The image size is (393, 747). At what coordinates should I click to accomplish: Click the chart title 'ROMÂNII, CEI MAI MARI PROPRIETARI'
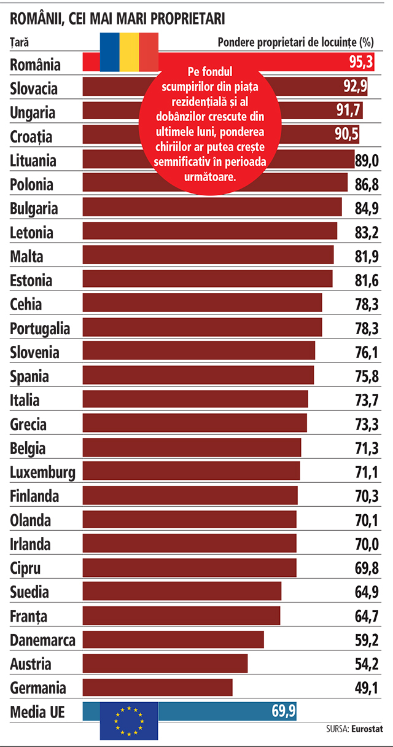pyautogui.click(x=117, y=18)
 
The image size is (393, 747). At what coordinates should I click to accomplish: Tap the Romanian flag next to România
pyautogui.click(x=129, y=52)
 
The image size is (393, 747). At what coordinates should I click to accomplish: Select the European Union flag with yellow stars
pyautogui.click(x=129, y=721)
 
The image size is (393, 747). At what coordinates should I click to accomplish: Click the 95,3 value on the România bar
pyautogui.click(x=361, y=61)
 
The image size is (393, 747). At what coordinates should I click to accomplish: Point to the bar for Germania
pyautogui.click(x=157, y=687)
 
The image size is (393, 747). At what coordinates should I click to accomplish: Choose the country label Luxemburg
pyautogui.click(x=42, y=472)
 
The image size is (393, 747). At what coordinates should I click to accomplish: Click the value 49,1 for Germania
pyautogui.click(x=367, y=687)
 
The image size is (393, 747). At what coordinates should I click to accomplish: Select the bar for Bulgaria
pyautogui.click(x=212, y=207)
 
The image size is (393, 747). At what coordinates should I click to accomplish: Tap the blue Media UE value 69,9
pyautogui.click(x=284, y=711)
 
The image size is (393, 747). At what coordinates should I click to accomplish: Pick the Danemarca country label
pyautogui.click(x=42, y=640)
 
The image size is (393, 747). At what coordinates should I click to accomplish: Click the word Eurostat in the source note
pyautogui.click(x=367, y=729)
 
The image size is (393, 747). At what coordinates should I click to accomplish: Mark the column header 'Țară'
pyautogui.click(x=19, y=43)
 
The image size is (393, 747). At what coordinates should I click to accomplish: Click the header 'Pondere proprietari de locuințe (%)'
pyautogui.click(x=295, y=42)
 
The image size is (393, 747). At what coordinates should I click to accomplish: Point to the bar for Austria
pyautogui.click(x=165, y=663)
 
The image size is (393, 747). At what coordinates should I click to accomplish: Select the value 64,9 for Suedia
pyautogui.click(x=367, y=592)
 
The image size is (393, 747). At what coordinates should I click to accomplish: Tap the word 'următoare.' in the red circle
pyautogui.click(x=210, y=176)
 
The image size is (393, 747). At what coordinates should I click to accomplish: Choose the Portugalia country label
pyautogui.click(x=40, y=329)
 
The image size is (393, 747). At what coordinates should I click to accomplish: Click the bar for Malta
pyautogui.click(x=208, y=255)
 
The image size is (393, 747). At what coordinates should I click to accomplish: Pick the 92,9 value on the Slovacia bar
pyautogui.click(x=356, y=86)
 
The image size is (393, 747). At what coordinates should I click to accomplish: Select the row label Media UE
pyautogui.click(x=37, y=712)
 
